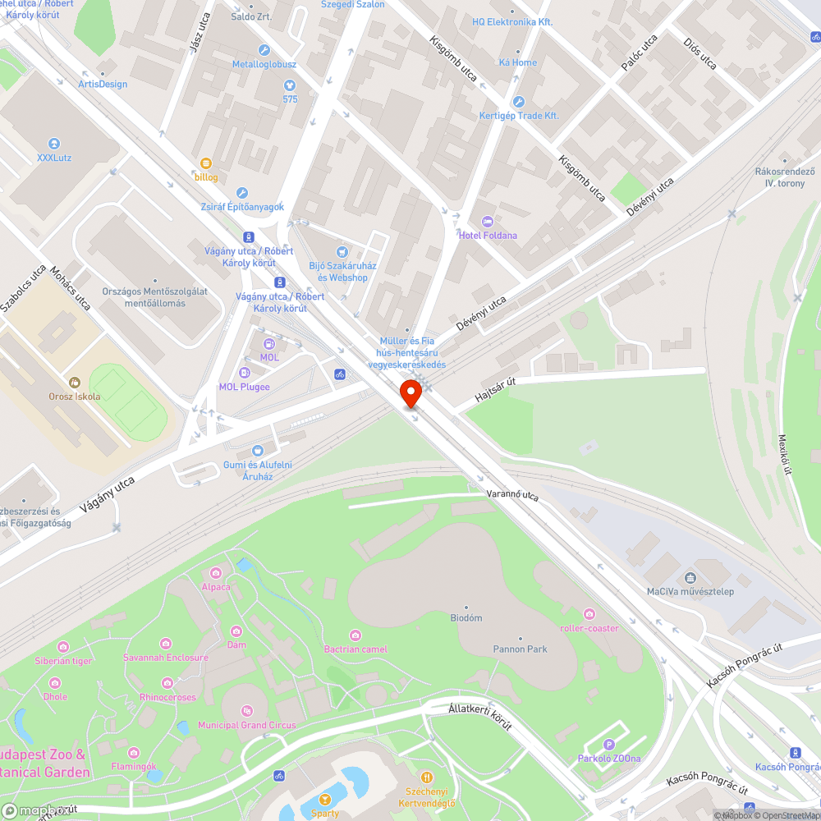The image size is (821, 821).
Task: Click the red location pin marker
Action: (410, 394)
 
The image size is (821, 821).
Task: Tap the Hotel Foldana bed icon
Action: (487, 222)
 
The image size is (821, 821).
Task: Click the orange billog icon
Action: (206, 163)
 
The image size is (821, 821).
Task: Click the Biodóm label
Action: (466, 617)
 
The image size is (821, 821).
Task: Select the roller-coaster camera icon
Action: (589, 614)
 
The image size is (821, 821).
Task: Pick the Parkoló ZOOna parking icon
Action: (609, 744)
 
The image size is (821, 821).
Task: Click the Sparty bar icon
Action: (325, 799)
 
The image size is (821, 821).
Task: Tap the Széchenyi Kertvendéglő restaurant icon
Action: (426, 777)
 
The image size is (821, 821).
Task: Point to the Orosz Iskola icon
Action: (75, 382)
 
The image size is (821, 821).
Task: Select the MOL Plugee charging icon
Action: (244, 374)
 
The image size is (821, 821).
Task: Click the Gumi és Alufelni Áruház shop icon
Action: (258, 451)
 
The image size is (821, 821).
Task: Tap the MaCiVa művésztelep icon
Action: (690, 577)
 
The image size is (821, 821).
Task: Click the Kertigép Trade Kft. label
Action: (519, 116)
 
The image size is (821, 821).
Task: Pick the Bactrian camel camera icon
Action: (355, 635)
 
